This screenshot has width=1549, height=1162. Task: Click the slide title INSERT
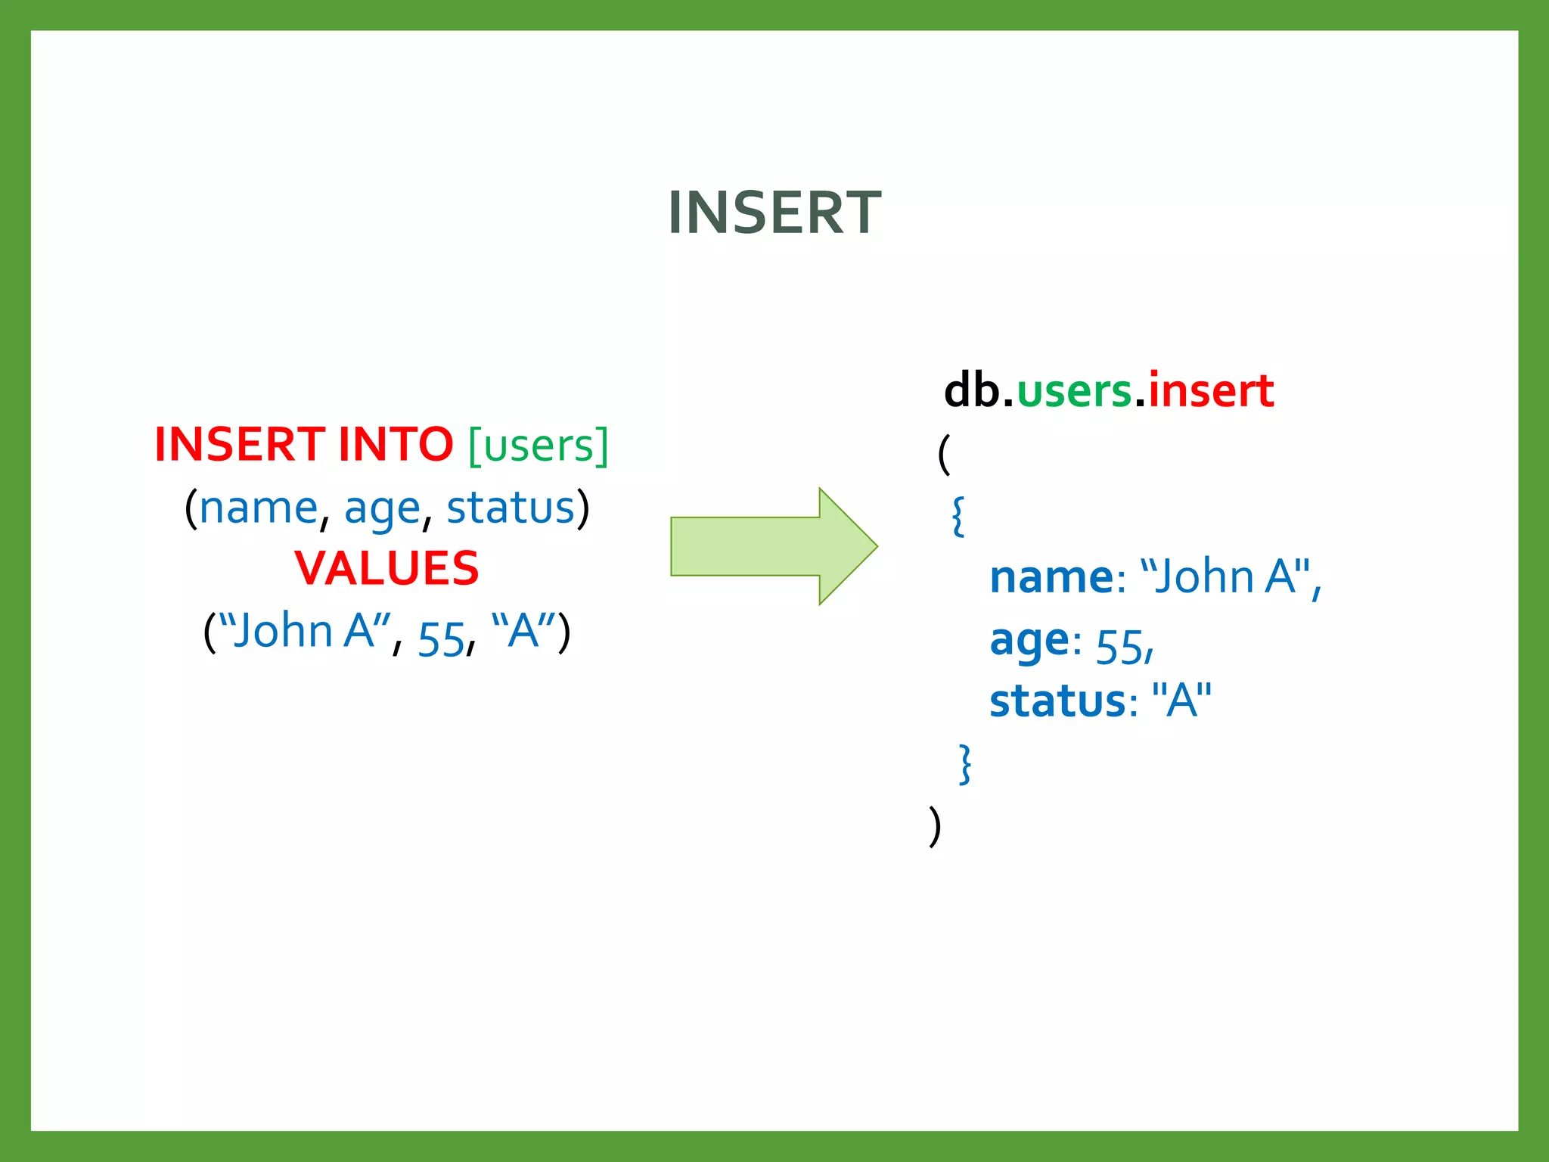774,213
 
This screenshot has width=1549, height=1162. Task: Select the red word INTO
395,444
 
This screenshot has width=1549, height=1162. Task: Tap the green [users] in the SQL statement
538,446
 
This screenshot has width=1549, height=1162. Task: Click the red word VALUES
386,568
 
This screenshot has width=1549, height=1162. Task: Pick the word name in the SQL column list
258,508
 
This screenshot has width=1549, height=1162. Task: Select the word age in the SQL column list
382,509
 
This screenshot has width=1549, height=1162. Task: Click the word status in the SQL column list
511,508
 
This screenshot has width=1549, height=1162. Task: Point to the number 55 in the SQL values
440,639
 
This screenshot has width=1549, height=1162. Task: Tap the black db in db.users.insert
971,391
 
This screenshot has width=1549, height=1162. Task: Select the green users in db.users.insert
1074,392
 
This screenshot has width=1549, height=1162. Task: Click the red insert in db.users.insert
1210,391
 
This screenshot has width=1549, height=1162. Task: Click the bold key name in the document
1051,578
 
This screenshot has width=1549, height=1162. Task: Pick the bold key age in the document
1029,642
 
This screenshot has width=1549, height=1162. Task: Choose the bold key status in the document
1057,701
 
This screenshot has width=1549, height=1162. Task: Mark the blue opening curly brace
958,517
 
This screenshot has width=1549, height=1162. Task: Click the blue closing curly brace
964,764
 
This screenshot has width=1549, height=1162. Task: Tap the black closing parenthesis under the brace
935,826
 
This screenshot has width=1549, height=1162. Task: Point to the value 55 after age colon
1119,648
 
